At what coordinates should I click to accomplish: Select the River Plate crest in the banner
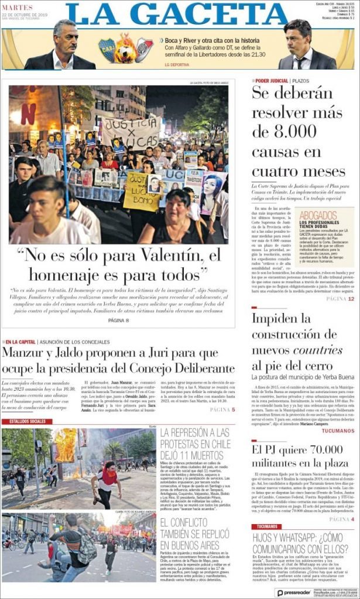(144, 50)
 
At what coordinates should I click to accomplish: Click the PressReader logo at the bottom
(293, 592)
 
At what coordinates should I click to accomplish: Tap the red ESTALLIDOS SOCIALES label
(27, 421)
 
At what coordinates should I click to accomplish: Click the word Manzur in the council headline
(22, 353)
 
